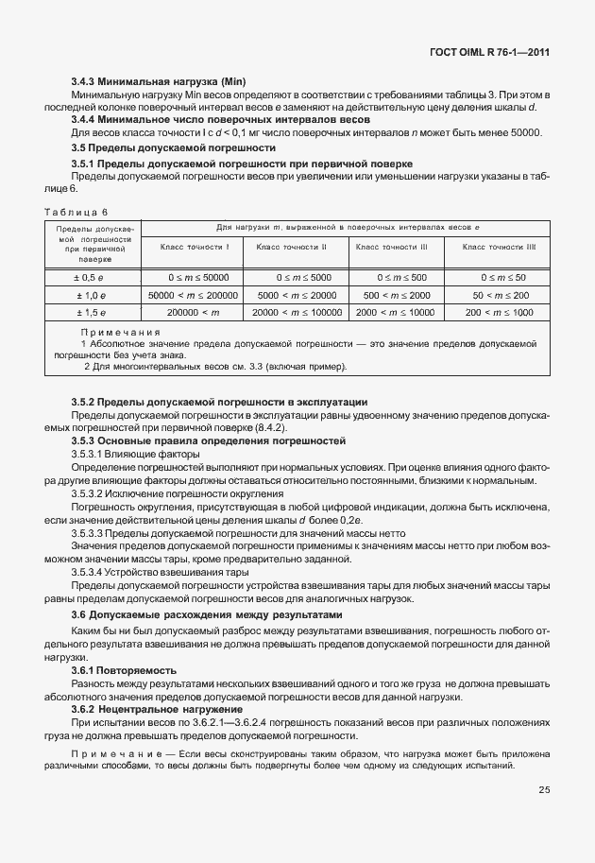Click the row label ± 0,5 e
90,278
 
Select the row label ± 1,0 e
90,295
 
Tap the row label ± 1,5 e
90,312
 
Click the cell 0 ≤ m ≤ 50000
194,278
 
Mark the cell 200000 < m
194,312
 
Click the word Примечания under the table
120,334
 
